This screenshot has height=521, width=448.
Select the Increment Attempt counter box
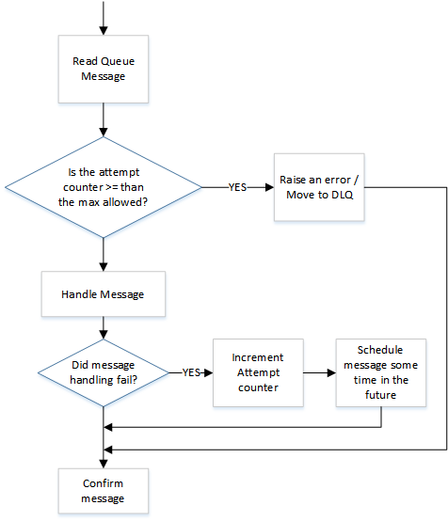256,372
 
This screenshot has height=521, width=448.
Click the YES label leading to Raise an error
238,186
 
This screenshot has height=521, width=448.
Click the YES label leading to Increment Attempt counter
190,372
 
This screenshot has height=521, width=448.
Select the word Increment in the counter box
256,358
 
